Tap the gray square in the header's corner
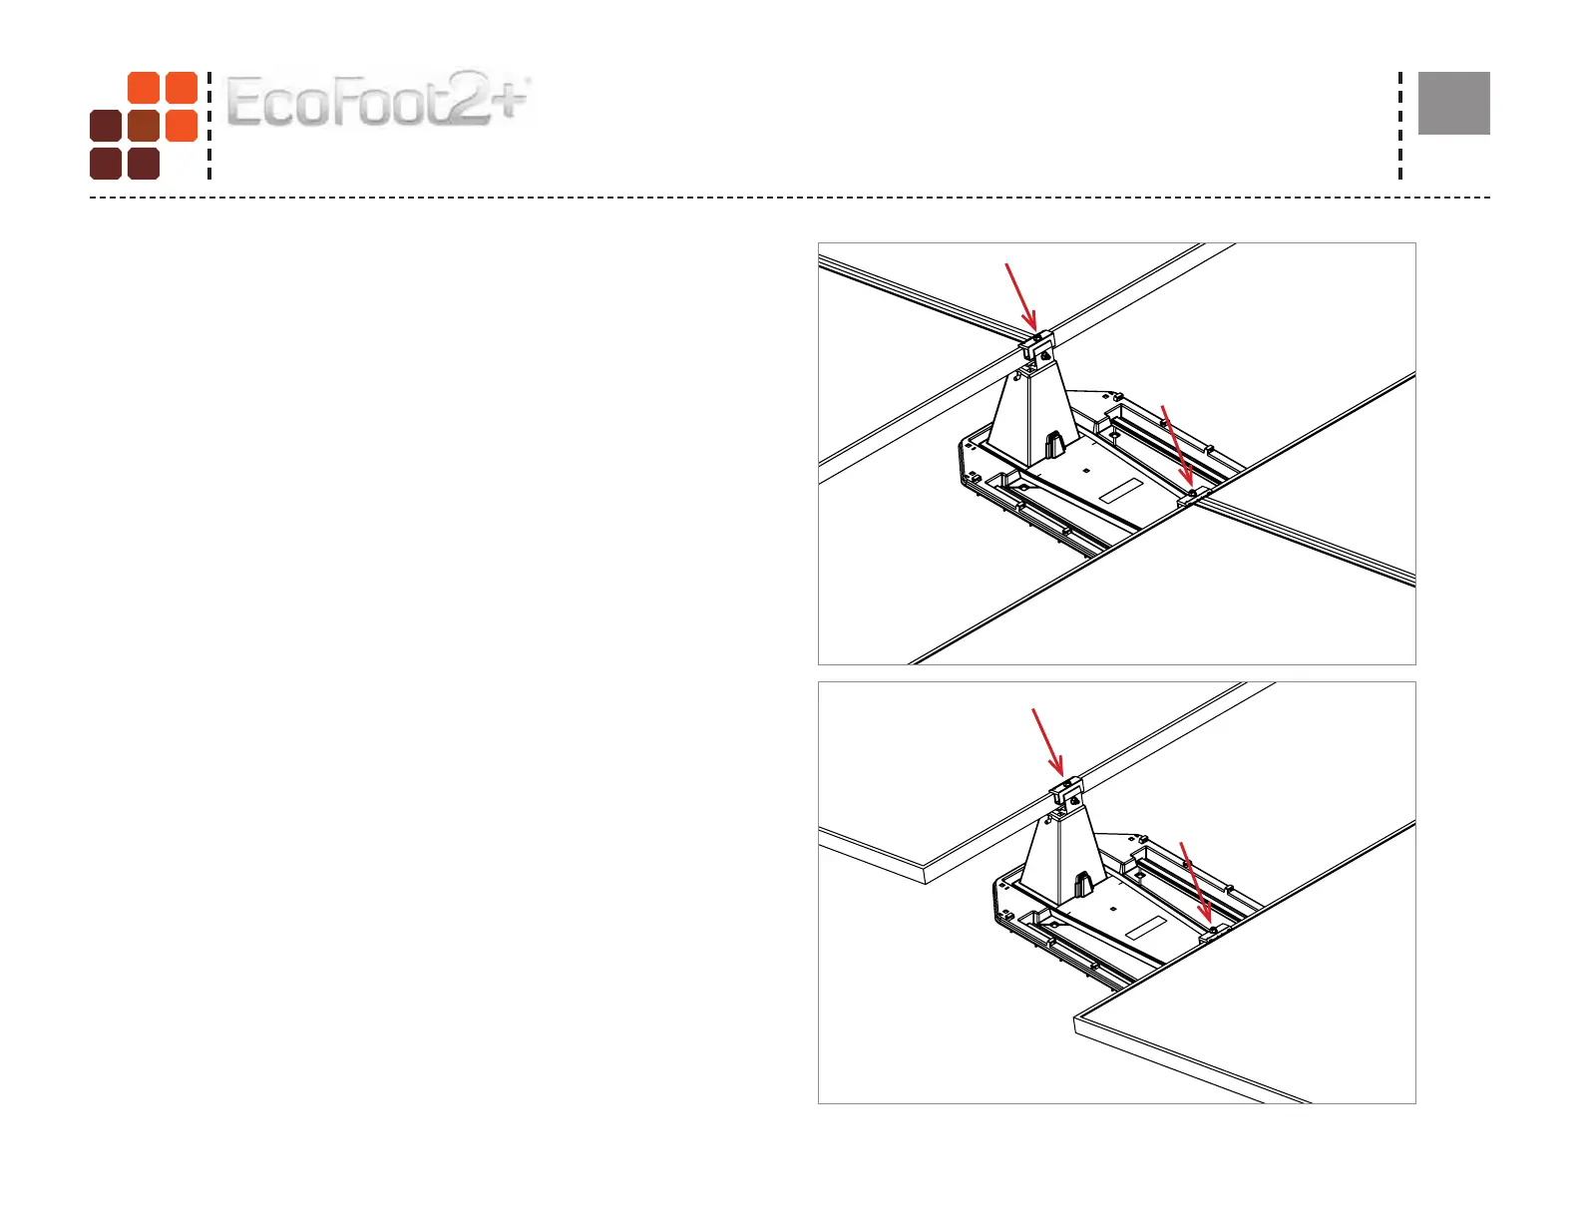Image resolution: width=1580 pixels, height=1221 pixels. pyautogui.click(x=1453, y=103)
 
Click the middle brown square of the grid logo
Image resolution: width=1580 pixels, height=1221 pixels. pyautogui.click(x=144, y=127)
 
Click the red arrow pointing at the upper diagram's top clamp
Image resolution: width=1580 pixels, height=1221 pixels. pyautogui.click(x=1020, y=295)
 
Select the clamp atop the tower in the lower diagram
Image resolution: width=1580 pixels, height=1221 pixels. pyautogui.click(x=1066, y=795)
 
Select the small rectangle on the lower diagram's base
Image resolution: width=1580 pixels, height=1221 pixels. pyautogui.click(x=1146, y=929)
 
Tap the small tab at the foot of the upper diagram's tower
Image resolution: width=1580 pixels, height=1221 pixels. pyautogui.click(x=1053, y=443)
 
